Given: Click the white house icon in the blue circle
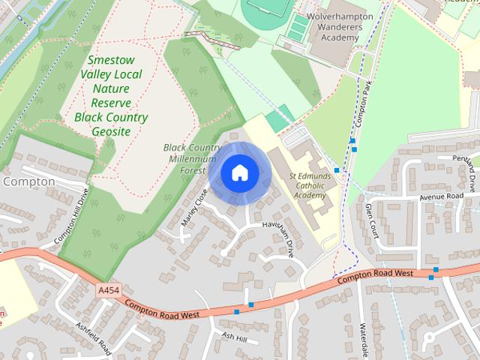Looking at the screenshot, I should point(239,172).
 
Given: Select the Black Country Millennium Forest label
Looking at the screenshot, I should point(193,159).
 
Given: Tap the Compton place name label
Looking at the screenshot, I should point(28,181).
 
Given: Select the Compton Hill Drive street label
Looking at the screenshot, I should point(72,217).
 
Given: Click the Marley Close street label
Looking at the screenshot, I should point(193,208).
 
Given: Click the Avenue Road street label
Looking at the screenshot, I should point(443,197).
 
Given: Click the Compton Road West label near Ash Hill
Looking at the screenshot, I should point(161,310).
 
